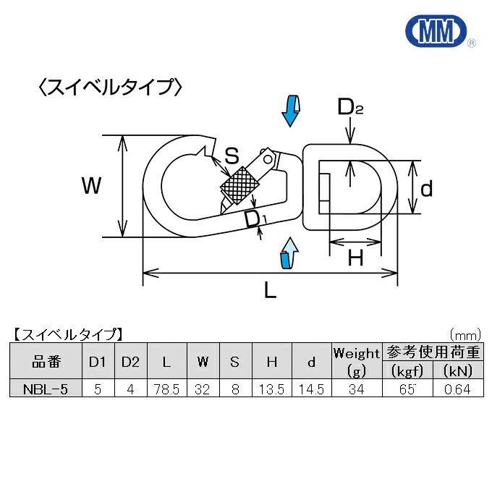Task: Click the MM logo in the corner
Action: coord(438,30)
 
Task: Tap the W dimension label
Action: coord(91,187)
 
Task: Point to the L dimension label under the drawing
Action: coord(269,291)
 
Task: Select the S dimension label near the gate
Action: coord(232,155)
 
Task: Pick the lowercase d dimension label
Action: coord(427,189)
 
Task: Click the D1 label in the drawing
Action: coord(255,218)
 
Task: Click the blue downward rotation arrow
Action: coord(290,110)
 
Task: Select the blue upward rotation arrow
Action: coord(289,253)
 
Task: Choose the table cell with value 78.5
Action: coord(167,389)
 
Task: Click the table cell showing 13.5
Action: coord(272,389)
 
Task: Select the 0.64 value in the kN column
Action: coord(457,389)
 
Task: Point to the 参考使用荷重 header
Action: coord(432,352)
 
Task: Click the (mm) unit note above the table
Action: coord(465,335)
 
